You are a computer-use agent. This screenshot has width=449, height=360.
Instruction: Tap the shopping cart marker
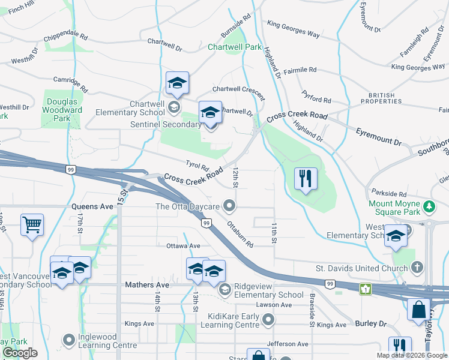(32, 226)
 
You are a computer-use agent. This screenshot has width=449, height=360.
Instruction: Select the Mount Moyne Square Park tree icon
(429, 207)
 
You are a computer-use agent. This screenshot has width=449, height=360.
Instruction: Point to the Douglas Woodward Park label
(62, 110)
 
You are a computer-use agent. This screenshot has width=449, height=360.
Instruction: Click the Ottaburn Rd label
(240, 235)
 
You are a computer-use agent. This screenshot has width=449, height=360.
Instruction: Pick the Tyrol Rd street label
(196, 166)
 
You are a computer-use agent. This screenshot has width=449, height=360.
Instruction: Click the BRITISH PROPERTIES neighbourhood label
(386, 99)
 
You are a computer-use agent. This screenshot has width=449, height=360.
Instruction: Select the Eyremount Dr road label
(378, 136)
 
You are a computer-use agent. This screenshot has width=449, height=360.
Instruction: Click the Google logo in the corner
(20, 353)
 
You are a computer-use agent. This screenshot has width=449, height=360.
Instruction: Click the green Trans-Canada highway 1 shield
(365, 289)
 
